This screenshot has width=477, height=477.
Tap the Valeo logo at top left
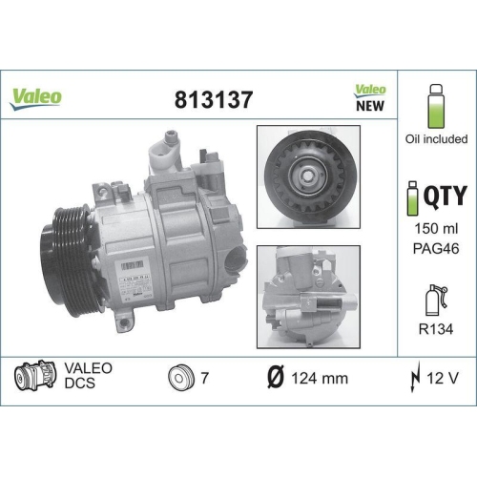pos(36,97)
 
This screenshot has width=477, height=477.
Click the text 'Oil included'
pos(436,139)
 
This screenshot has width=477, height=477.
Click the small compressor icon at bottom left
pos(32,378)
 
